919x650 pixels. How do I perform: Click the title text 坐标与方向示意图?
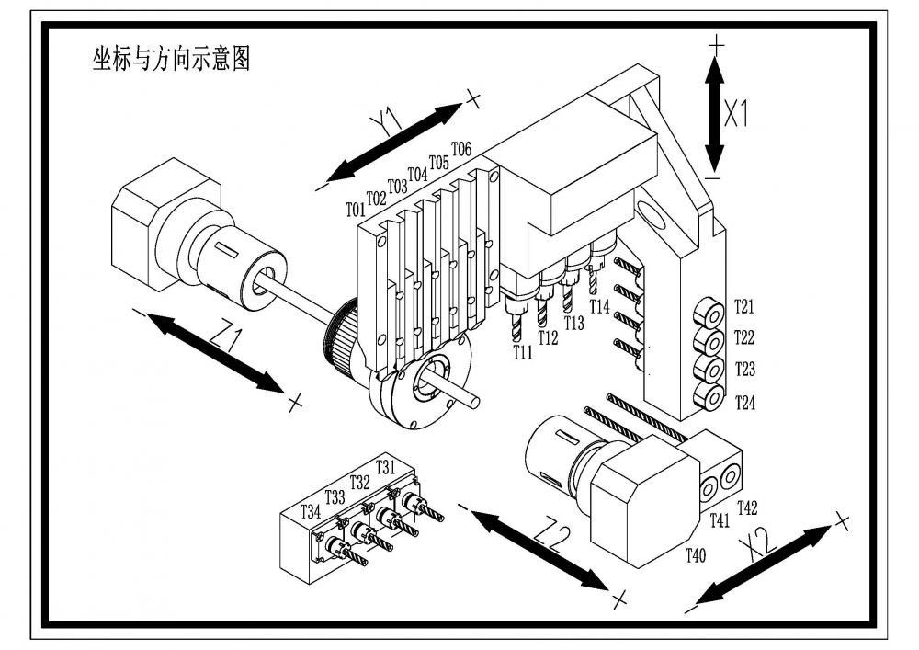pos(172,60)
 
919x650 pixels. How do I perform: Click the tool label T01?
pos(356,210)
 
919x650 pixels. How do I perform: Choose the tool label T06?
pos(461,149)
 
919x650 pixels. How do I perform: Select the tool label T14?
pos(600,306)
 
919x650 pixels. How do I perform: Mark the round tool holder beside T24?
pos(709,396)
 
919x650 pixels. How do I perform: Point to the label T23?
pos(744,370)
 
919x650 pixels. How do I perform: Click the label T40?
pos(697,554)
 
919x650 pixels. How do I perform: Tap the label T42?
pos(747,507)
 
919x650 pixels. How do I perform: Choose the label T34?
pos(312,512)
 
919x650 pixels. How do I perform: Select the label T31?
pos(385,467)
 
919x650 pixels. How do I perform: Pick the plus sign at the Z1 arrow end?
pos(295,402)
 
